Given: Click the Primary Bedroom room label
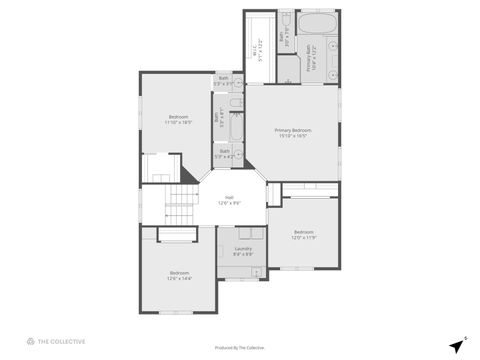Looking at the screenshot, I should pyautogui.click(x=293, y=130).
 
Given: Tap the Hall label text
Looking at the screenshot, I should pyautogui.click(x=229, y=197).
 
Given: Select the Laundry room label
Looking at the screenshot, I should pyautogui.click(x=243, y=248).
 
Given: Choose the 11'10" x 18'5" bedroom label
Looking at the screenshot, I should pyautogui.click(x=178, y=116).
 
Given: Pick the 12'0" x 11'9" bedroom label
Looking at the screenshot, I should pyautogui.click(x=303, y=232).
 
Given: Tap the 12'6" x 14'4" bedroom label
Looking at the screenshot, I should pyautogui.click(x=179, y=273).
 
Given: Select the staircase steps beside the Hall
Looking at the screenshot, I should pyautogui.click(x=181, y=207).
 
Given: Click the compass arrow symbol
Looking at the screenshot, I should pyautogui.click(x=455, y=343).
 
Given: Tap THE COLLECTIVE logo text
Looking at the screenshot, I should pyautogui.click(x=61, y=341).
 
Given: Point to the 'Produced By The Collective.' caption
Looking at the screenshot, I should pyautogui.click(x=240, y=347).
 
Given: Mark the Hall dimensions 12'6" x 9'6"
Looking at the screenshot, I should pyautogui.click(x=229, y=203).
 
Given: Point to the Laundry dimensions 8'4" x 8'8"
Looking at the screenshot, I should pyautogui.click(x=243, y=254).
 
